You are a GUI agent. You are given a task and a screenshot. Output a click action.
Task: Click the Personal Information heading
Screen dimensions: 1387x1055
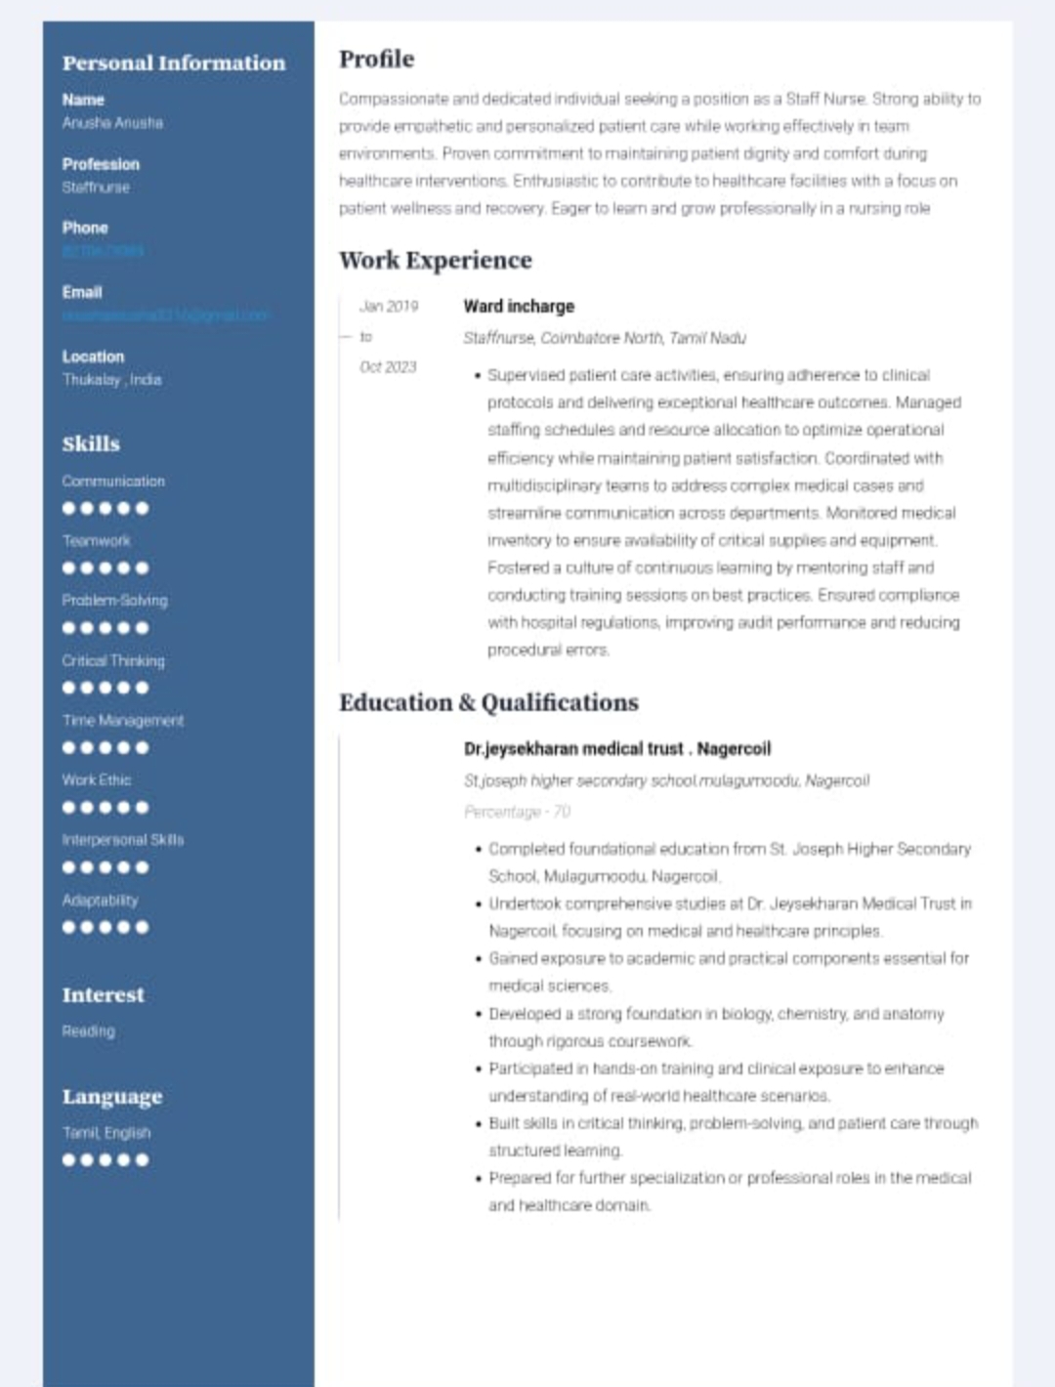point(174,63)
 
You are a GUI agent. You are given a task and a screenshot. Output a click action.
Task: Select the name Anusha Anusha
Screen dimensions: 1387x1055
point(112,123)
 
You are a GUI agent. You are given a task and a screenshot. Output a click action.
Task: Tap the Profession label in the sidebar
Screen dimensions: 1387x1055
point(101,164)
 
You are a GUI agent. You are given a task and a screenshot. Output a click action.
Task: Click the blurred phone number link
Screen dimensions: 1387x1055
point(103,251)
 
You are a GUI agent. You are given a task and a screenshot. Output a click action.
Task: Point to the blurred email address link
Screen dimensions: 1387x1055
point(164,315)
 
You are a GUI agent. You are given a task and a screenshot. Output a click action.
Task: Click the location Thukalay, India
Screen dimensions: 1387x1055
point(111,380)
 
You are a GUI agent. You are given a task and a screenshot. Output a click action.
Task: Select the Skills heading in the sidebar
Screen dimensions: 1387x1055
point(91,443)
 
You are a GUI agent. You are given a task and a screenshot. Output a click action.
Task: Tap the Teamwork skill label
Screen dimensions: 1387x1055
point(96,541)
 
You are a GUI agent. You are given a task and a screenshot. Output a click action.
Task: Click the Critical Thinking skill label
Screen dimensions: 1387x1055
point(113,661)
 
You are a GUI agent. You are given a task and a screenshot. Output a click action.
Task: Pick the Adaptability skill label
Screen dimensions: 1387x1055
point(100,901)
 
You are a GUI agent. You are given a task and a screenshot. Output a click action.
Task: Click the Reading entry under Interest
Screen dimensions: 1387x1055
point(88,1031)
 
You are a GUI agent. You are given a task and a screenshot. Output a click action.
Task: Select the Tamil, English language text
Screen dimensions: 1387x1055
point(106,1133)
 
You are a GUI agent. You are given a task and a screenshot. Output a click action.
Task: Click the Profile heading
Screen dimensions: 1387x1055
point(376,60)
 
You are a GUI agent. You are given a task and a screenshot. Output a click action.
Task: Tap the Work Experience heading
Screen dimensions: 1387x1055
point(435,261)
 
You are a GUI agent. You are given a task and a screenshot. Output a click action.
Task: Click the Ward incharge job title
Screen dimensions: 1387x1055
point(519,307)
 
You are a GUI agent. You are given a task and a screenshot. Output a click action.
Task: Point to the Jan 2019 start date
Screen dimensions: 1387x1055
point(388,307)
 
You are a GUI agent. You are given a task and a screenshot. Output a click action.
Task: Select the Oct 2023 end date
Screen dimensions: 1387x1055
point(388,367)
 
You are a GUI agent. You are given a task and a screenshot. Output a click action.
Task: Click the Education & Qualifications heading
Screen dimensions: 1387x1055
point(488,703)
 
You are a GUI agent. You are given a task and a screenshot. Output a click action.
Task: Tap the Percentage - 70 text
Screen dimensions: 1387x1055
point(517,812)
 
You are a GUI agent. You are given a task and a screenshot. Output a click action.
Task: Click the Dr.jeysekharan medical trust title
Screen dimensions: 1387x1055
point(616,749)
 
